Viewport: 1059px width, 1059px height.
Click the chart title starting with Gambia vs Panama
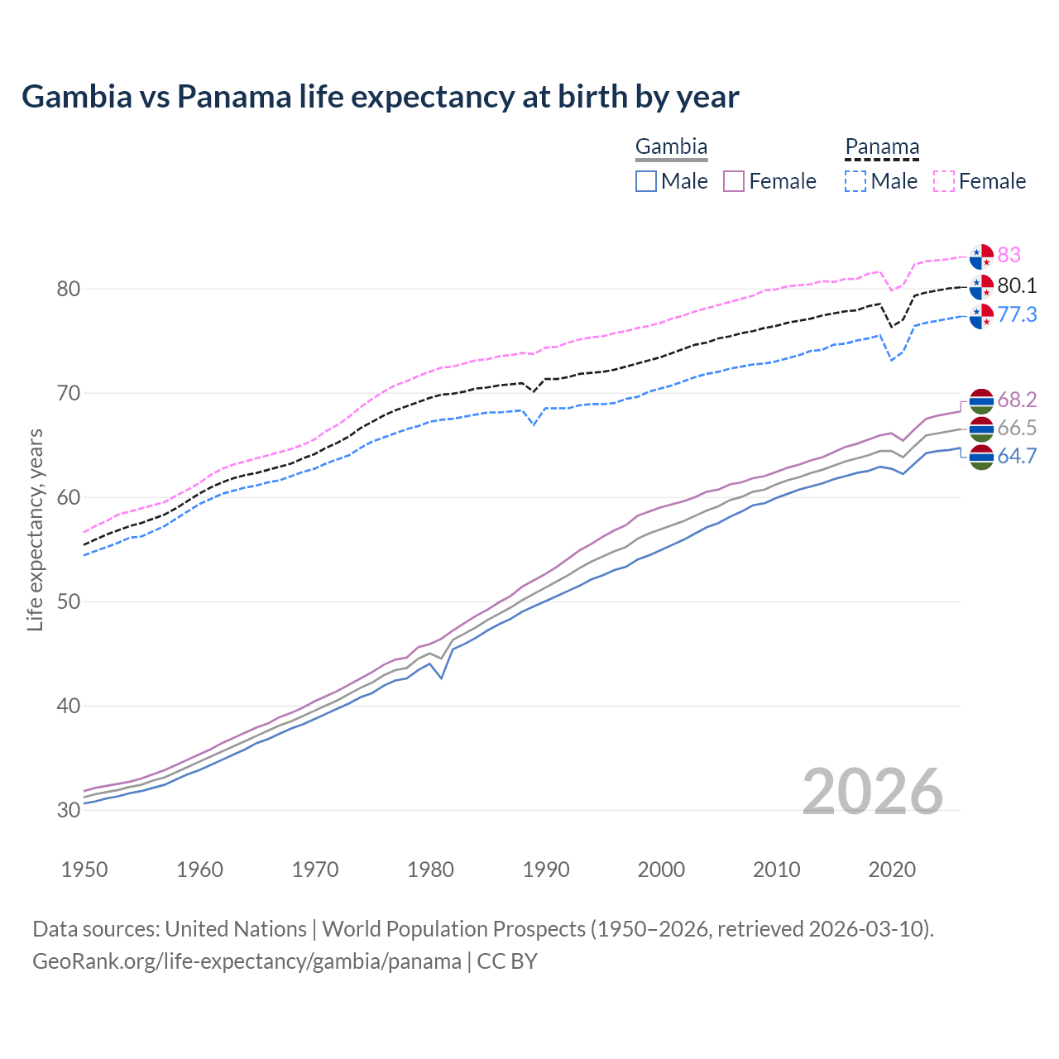380,97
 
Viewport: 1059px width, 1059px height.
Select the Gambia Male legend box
646,181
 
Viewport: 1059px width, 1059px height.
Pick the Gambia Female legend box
735,181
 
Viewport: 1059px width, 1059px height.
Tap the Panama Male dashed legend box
855,181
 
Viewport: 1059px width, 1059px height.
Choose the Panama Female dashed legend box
944,181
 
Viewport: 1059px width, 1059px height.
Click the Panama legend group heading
882,147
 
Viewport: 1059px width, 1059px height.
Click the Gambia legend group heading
671,147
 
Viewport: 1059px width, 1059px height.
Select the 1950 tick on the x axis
84,870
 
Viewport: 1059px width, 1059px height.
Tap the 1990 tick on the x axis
546,870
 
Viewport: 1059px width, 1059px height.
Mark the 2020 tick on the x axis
892,870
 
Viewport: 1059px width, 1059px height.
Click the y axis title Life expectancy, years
35,529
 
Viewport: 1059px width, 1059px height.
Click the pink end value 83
1009,255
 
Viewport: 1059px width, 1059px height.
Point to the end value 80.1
1017,286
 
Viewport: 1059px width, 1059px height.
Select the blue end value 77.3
1017,314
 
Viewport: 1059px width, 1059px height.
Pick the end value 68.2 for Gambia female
1017,400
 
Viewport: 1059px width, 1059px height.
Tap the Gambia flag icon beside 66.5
981,429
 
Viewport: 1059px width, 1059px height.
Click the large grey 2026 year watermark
872,792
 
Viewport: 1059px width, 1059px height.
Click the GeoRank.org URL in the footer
247,961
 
